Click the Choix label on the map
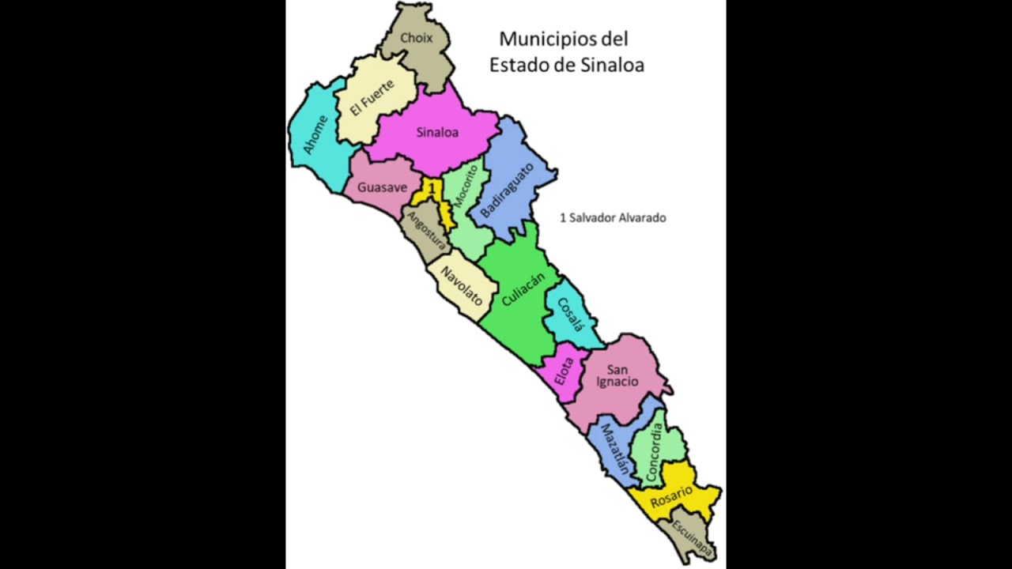(x=416, y=38)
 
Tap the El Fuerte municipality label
(x=372, y=98)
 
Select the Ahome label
(x=315, y=134)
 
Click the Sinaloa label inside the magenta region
(x=437, y=132)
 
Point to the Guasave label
(x=382, y=187)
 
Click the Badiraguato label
(x=507, y=190)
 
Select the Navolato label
(x=462, y=285)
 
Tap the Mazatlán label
(x=614, y=450)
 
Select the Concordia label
(x=653, y=453)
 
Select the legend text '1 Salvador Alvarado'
(x=613, y=217)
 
